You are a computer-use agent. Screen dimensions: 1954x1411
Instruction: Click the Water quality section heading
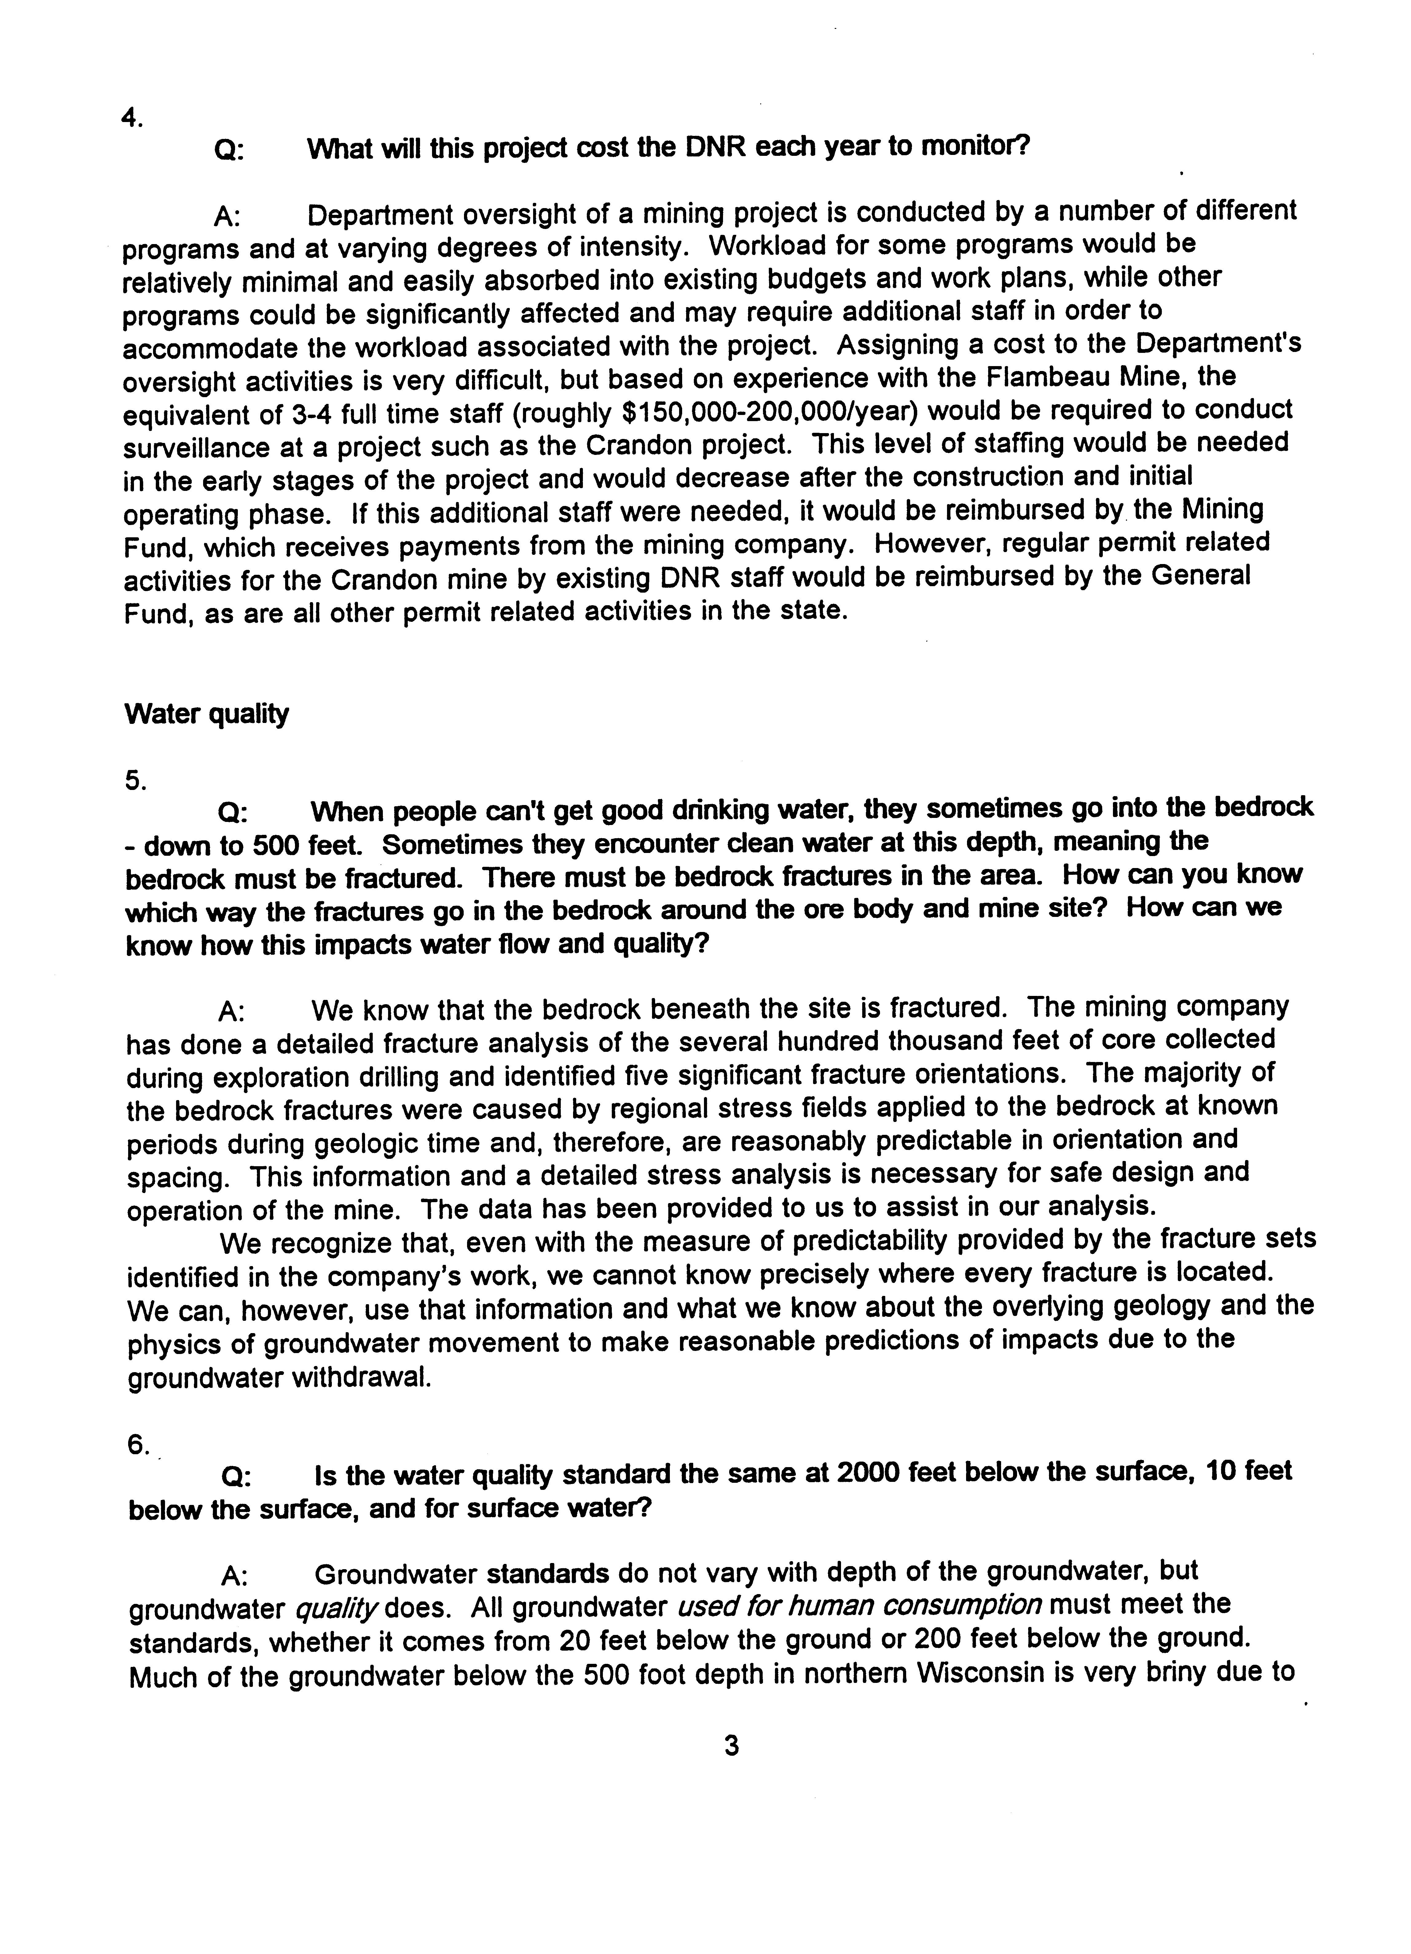coord(207,714)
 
